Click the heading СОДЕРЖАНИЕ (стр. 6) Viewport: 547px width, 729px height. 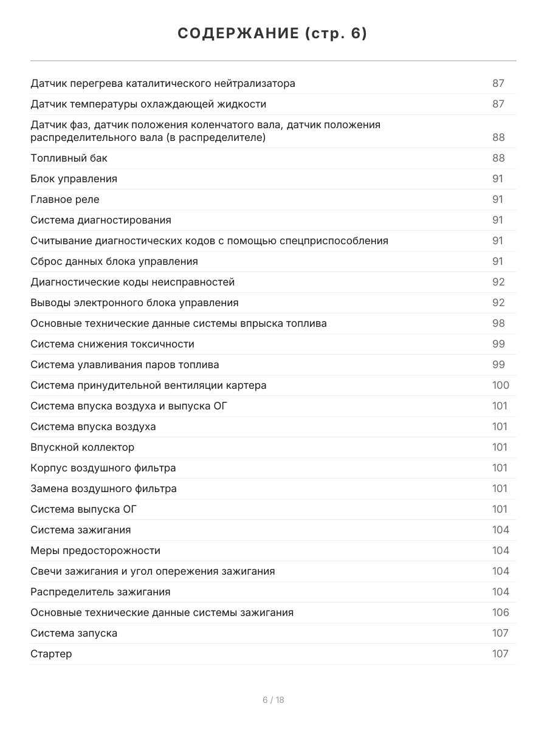point(273,34)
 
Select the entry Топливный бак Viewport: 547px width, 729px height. point(69,158)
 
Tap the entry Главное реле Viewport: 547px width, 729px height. point(65,199)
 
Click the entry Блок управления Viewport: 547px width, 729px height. point(74,179)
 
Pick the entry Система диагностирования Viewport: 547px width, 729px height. point(101,220)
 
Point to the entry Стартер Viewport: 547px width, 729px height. point(51,654)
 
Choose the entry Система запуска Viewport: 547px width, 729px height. point(74,633)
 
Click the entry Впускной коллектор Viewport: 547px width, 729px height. point(83,447)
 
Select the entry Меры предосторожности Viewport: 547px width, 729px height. point(95,550)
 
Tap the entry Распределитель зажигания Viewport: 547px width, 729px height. point(100,592)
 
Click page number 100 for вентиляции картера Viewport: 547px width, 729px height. point(500,385)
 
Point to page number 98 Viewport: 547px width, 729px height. point(498,323)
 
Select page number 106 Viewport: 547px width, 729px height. point(500,612)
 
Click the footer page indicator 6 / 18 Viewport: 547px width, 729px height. point(273,700)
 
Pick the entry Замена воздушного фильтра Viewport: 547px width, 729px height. point(104,488)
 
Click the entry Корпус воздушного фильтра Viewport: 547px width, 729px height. point(103,468)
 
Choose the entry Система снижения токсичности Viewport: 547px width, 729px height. point(112,344)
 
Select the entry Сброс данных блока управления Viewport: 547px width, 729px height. point(114,261)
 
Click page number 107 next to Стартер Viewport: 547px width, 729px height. point(500,654)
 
